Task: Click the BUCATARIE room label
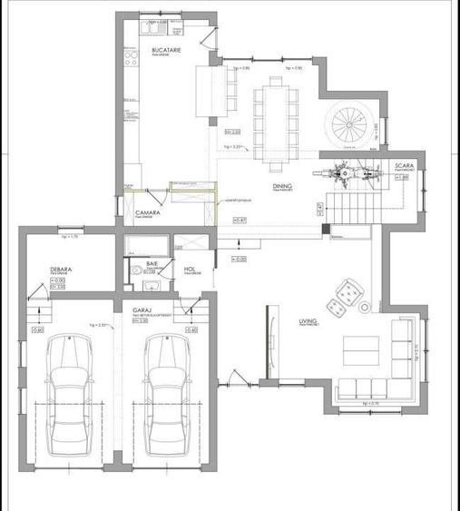[166, 47]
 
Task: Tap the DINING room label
[282, 186]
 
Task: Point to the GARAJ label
[142, 310]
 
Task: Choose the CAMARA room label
[149, 212]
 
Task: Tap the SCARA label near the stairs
[405, 166]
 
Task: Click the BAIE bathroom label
[152, 261]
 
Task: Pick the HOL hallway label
[190, 269]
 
